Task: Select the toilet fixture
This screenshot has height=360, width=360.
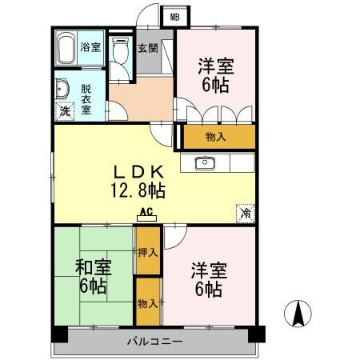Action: [x=120, y=53]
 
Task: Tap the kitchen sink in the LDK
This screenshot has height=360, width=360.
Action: [x=204, y=164]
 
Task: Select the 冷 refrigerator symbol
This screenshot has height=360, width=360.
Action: [x=246, y=214]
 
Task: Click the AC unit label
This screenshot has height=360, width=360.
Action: [x=146, y=212]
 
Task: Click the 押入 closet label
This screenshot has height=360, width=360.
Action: [x=146, y=253]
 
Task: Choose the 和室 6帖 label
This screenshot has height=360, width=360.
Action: [x=93, y=276]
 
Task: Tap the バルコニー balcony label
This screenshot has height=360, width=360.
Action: [x=155, y=342]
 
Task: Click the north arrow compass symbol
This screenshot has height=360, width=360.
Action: [x=298, y=311]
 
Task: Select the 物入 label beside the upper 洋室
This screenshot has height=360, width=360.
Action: [x=216, y=137]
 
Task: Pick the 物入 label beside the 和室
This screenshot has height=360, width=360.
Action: [x=146, y=303]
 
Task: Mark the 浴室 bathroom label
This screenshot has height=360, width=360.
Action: [x=91, y=47]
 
